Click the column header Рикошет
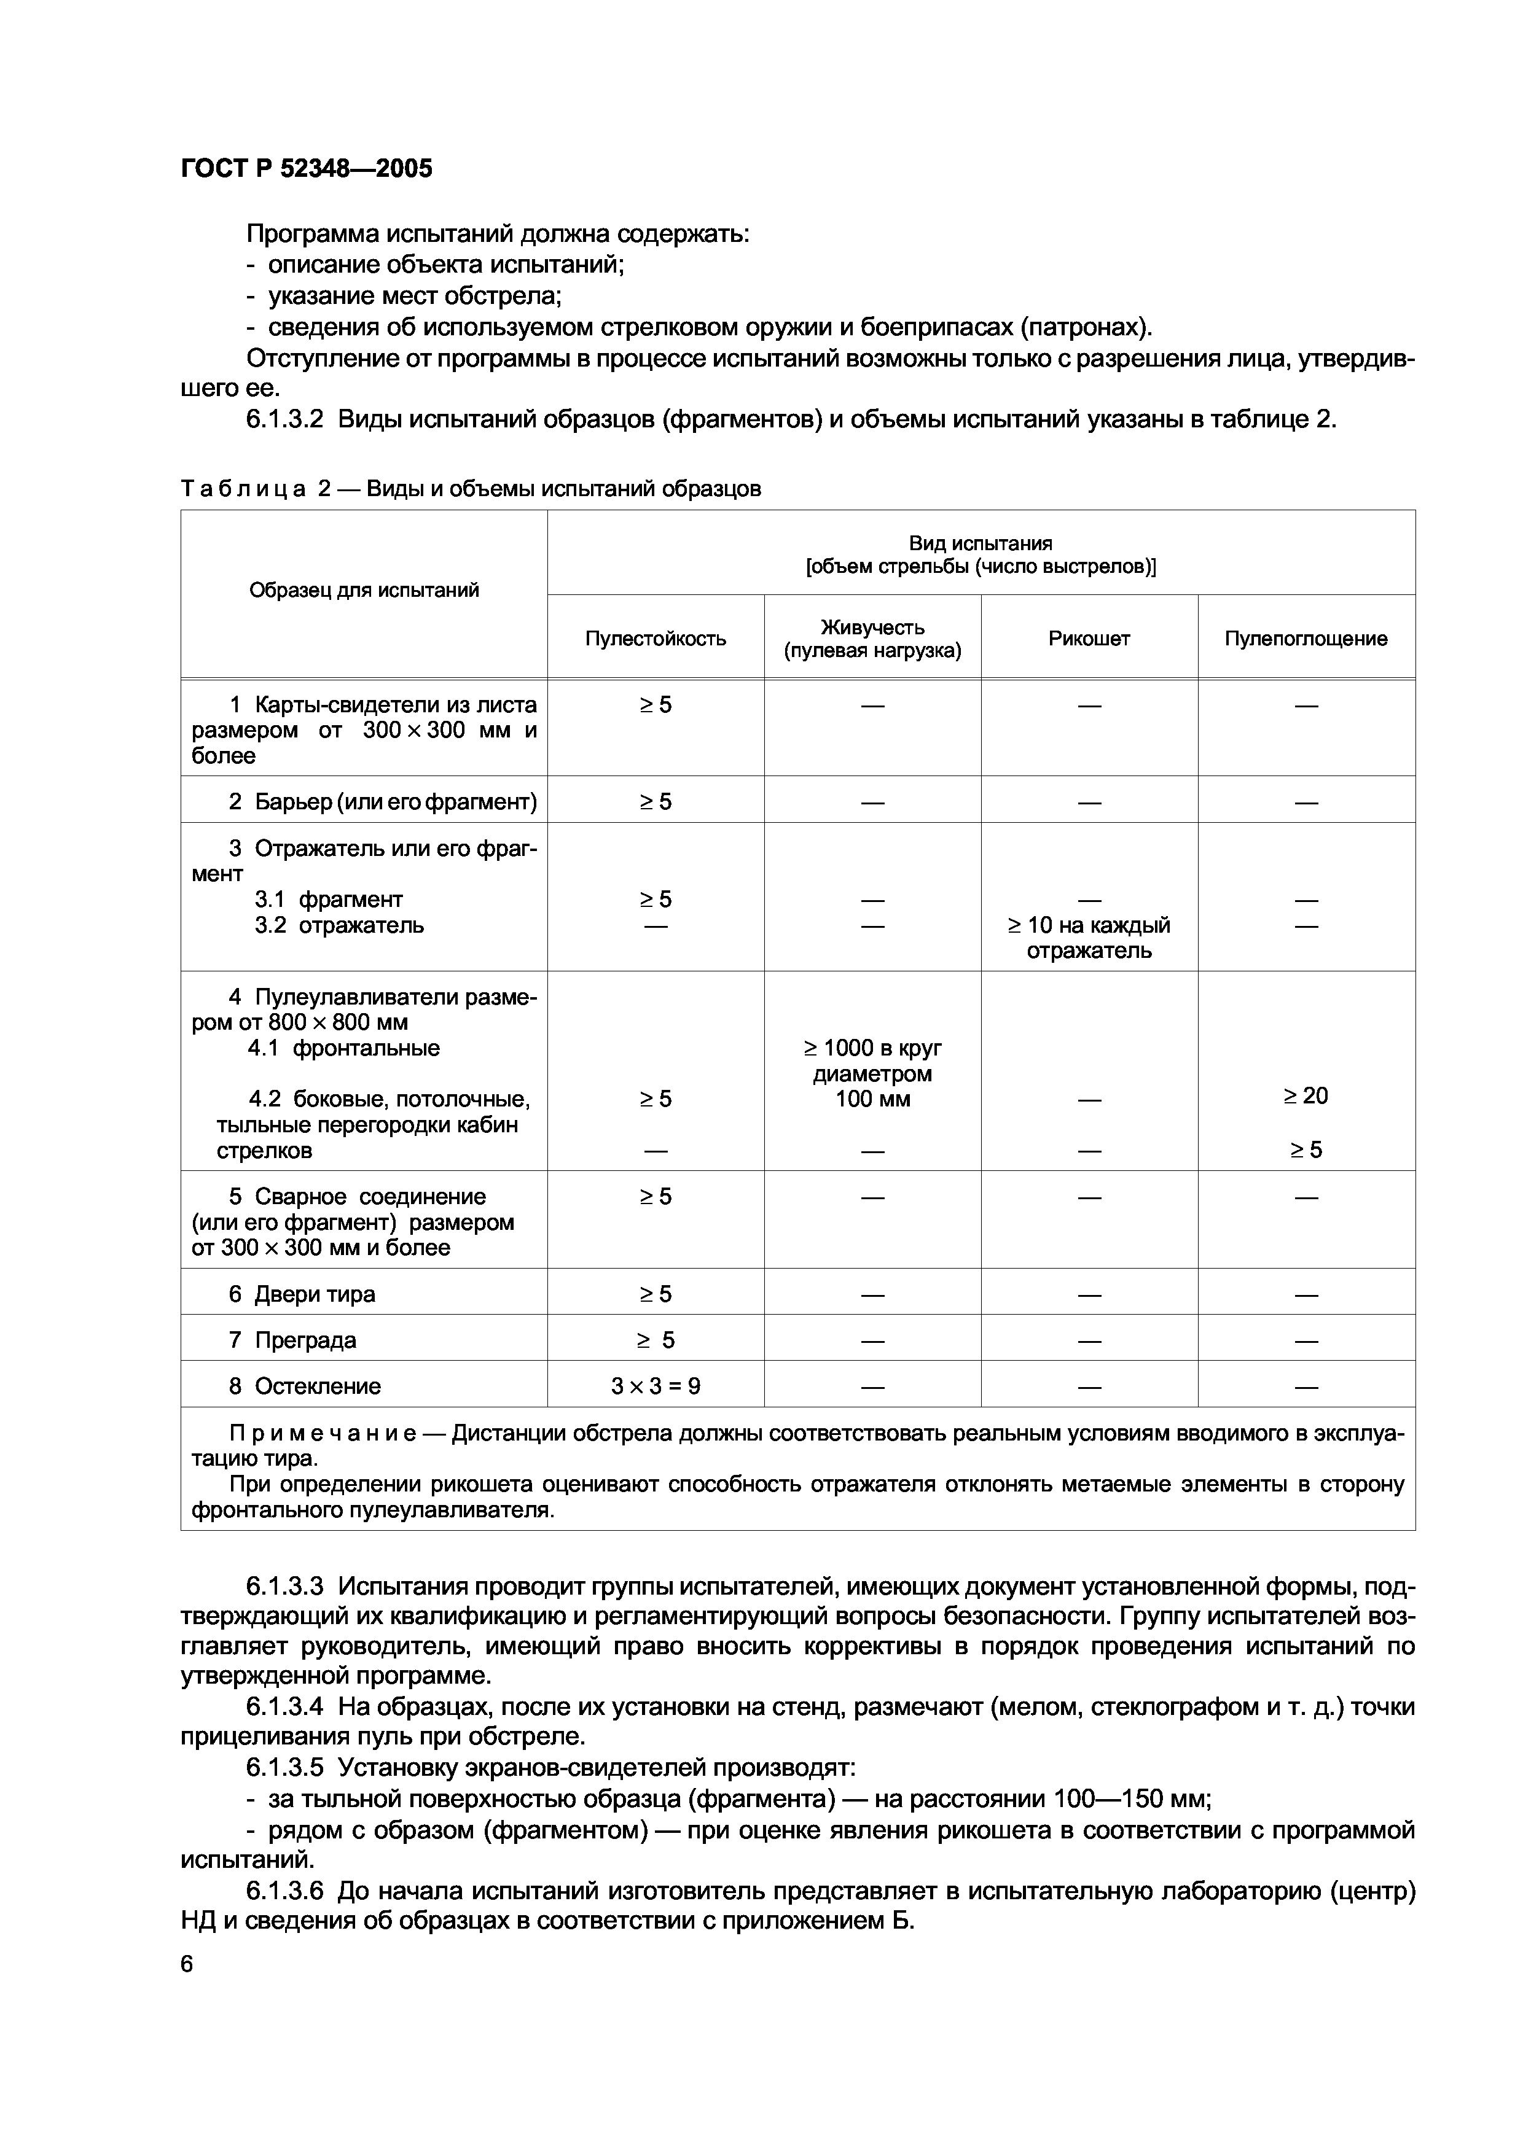coord(1089,639)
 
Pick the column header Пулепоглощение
coord(1306,639)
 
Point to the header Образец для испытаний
coord(364,590)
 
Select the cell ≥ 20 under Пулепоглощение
coord(1306,1096)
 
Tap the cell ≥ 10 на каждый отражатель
coord(1089,938)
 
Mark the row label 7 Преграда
coord(292,1340)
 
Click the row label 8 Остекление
coord(304,1386)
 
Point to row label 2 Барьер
coord(382,802)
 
